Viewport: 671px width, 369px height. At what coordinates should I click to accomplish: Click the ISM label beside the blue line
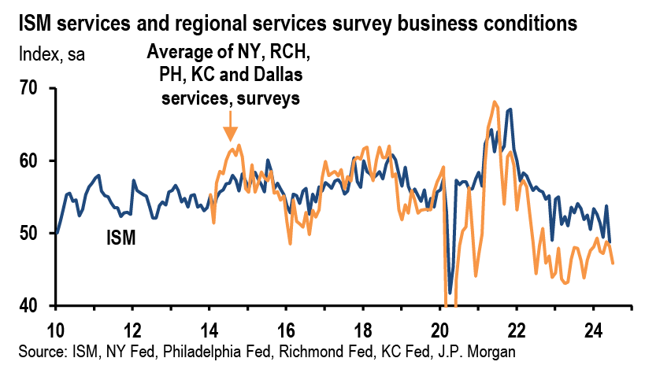[x=120, y=236]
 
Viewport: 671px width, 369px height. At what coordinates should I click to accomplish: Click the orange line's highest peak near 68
[x=495, y=101]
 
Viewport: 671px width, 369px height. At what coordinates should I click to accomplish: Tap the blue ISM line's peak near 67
[x=511, y=109]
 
